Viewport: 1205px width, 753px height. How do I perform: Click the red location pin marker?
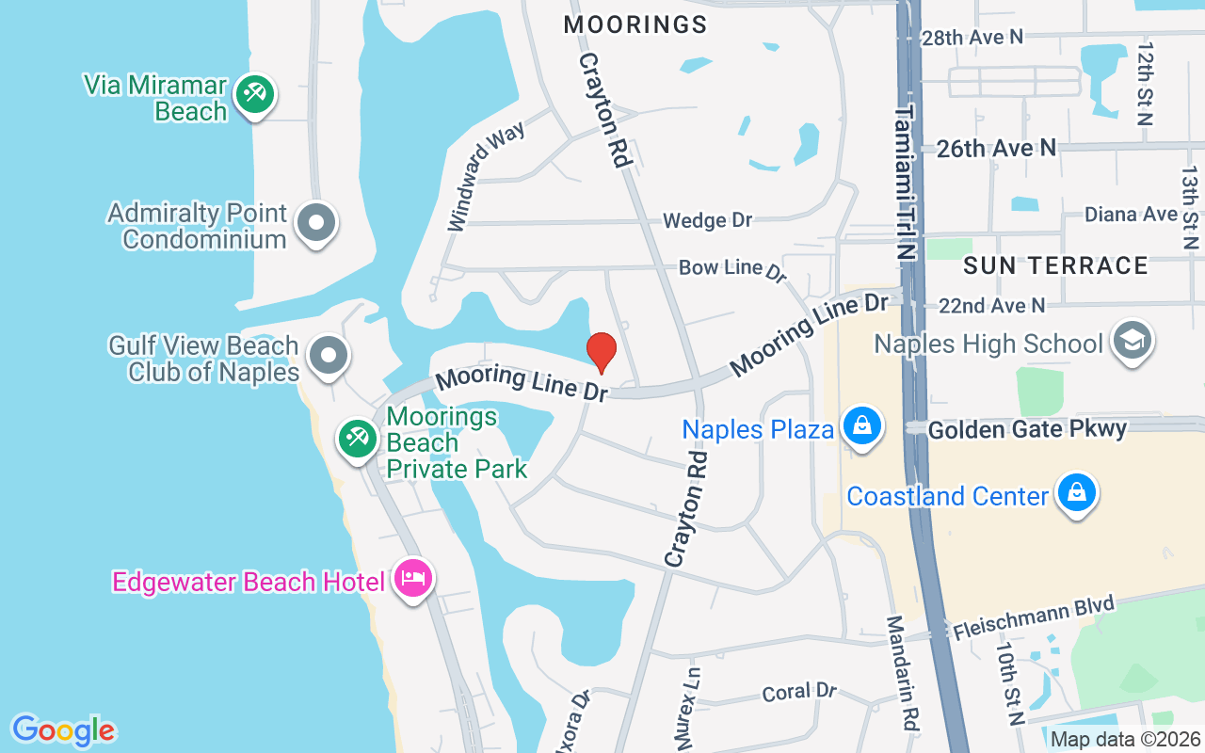point(602,352)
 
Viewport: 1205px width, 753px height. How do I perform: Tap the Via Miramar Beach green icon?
point(253,95)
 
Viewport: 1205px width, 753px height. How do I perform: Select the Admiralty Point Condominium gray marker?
point(316,224)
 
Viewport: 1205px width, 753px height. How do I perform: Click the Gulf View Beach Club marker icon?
point(329,356)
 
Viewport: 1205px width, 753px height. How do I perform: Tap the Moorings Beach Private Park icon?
point(358,439)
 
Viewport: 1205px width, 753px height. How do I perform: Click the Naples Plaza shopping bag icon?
point(861,426)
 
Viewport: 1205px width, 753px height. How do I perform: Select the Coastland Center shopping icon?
point(1077,492)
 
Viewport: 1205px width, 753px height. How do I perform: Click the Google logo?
point(63,729)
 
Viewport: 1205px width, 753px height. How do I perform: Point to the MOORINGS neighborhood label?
point(635,24)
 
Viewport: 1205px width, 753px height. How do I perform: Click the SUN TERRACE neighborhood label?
point(1055,265)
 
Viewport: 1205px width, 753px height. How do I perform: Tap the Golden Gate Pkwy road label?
point(1027,430)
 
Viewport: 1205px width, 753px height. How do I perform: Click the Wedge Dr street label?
point(707,220)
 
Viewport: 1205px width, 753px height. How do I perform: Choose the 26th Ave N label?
point(996,148)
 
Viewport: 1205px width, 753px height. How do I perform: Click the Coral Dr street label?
point(799,692)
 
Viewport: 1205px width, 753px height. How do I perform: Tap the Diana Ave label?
point(1131,215)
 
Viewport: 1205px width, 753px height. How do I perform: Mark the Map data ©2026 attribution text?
point(1124,739)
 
